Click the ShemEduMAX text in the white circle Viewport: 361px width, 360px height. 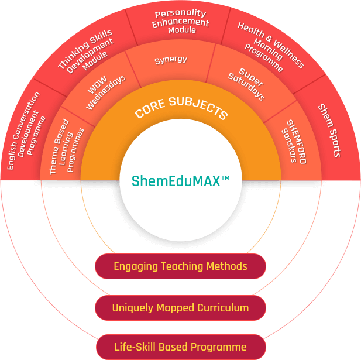click(176, 181)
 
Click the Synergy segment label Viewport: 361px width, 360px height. click(170, 60)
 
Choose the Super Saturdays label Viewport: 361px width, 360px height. click(246, 85)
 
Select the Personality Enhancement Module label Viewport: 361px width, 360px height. click(181, 22)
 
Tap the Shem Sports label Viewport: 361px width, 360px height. click(329, 130)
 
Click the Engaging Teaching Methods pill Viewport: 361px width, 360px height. click(180, 267)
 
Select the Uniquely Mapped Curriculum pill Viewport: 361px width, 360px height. click(180, 308)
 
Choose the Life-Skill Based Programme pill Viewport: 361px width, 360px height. click(180, 347)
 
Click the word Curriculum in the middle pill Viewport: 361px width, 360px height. click(222, 308)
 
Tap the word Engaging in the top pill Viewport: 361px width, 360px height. click(135, 267)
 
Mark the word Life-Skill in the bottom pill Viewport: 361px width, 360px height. click(133, 347)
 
